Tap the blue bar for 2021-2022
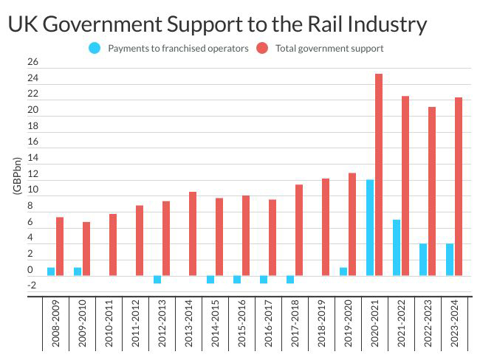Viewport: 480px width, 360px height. click(397, 247)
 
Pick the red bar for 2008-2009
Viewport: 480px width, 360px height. click(60, 246)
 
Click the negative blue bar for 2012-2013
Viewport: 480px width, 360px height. click(157, 280)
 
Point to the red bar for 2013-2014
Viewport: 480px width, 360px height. click(193, 234)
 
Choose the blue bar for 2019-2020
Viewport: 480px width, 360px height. click(343, 271)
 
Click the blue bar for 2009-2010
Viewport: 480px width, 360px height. click(78, 271)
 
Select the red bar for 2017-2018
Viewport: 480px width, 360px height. click(299, 230)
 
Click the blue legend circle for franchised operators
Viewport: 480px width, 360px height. click(94, 49)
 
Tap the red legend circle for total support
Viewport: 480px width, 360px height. click(262, 49)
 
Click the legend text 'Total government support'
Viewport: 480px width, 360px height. click(329, 49)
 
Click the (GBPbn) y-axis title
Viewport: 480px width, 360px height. click(16, 175)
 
